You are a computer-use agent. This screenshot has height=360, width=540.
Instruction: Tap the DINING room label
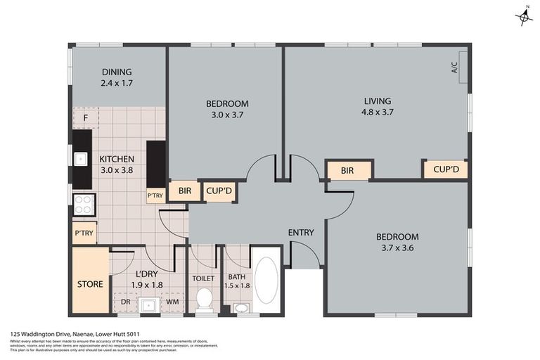(117, 72)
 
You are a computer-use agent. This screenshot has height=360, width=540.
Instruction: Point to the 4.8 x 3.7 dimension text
(376, 112)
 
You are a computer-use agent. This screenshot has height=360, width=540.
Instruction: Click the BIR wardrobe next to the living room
(347, 170)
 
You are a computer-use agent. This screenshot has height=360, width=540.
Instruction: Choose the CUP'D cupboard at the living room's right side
(445, 170)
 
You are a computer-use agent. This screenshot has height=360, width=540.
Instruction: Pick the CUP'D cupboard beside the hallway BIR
(219, 191)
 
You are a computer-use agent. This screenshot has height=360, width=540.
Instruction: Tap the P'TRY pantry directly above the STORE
(84, 233)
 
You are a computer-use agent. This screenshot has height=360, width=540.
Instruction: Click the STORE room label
(90, 284)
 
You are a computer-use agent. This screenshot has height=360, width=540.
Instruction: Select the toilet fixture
(205, 300)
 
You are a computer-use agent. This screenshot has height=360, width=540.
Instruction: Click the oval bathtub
(266, 280)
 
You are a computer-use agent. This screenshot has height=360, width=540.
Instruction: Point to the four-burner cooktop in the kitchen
(84, 204)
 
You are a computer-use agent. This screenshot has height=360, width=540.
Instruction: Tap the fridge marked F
(85, 117)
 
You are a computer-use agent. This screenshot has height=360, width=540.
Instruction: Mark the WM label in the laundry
(172, 303)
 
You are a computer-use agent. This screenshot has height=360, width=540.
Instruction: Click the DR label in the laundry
(125, 303)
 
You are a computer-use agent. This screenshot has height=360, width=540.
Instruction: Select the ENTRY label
(301, 233)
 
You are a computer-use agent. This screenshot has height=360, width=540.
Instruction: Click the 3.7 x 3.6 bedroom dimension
(397, 248)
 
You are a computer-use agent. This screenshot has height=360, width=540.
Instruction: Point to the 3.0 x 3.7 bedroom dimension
(226, 115)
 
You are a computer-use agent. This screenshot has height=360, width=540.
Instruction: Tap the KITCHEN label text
(117, 159)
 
